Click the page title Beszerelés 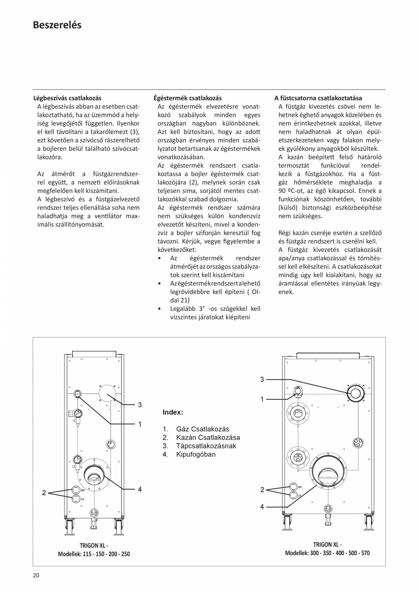click(57, 25)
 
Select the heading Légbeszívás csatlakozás click(67, 98)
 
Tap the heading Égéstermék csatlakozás click(188, 98)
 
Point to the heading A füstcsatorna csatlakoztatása click(318, 98)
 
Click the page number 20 click(36, 576)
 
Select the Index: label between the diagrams click(173, 412)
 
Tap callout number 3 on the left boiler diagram click(140, 404)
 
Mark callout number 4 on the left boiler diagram click(140, 489)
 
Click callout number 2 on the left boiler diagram click(44, 493)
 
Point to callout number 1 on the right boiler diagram click(262, 399)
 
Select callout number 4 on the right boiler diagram click(262, 507)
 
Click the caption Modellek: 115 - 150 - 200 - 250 click(94, 554)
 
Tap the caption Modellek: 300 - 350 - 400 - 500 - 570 click(327, 553)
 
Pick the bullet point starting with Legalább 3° click(209, 313)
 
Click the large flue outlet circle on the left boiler click(95, 474)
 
